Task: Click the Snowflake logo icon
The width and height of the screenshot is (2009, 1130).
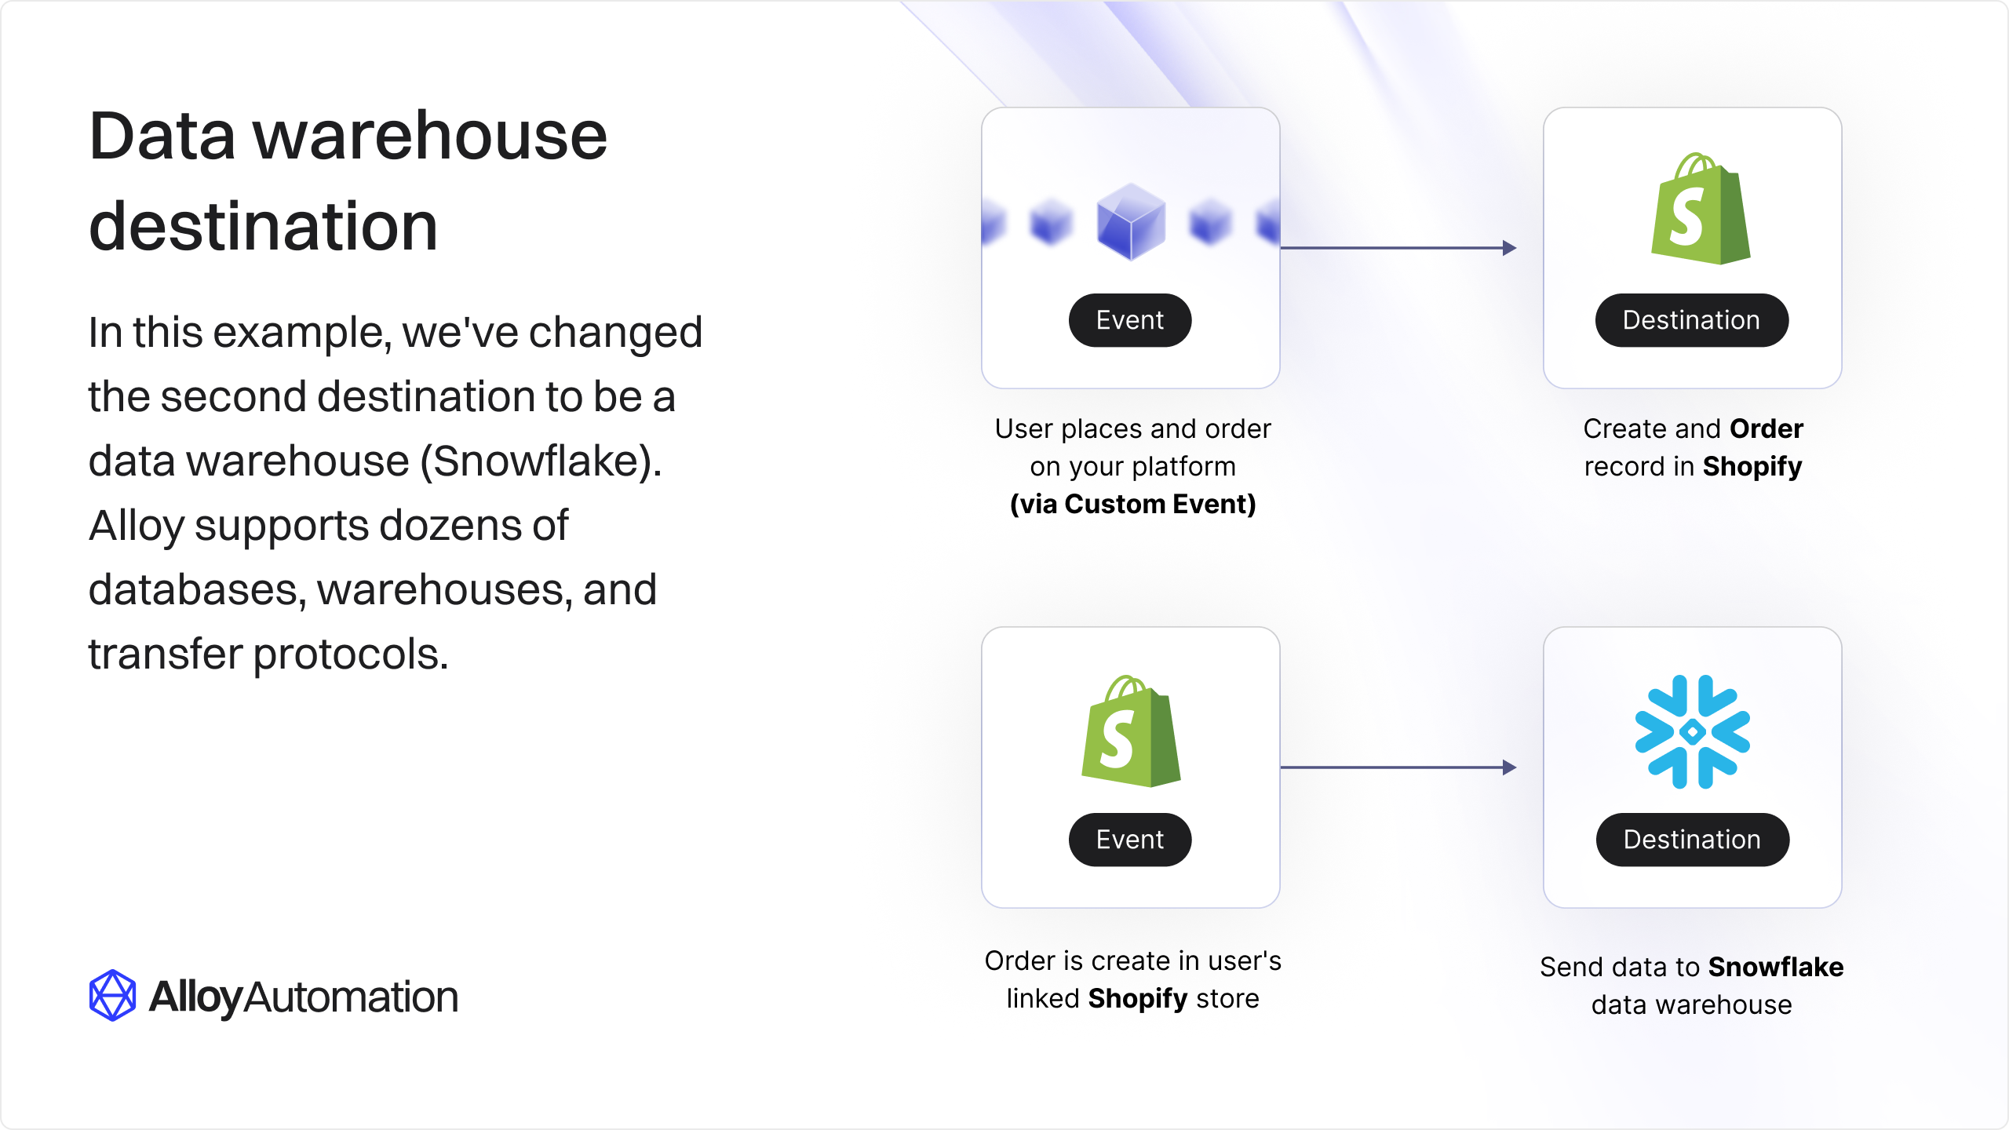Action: [x=1692, y=731]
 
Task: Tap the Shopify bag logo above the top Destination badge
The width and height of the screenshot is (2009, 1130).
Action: [x=1701, y=209]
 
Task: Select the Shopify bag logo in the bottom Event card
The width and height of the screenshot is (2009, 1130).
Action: [x=1131, y=731]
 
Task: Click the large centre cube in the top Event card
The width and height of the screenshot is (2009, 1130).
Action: [x=1131, y=221]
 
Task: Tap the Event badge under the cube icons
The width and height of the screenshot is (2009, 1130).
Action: [x=1130, y=320]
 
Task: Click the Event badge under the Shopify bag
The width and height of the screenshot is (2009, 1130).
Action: [x=1130, y=840]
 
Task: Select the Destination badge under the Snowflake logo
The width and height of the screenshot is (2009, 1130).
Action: [x=1693, y=840]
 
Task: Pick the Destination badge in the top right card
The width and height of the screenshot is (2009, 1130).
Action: [x=1692, y=320]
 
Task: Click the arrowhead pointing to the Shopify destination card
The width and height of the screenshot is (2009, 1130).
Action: [x=1510, y=248]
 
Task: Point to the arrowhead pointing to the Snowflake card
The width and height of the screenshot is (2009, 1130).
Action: [x=1510, y=767]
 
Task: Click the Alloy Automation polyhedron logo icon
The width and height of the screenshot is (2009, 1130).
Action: [x=112, y=996]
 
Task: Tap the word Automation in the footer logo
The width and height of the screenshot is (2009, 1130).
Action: [x=352, y=997]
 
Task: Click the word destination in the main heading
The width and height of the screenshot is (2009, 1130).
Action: [x=264, y=226]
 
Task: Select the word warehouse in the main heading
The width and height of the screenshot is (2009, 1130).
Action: [x=430, y=137]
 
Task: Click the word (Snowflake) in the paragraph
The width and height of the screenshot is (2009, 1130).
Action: [x=541, y=461]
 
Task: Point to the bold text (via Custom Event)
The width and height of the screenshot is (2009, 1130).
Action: [x=1133, y=505]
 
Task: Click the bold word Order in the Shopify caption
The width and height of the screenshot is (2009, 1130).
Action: [x=1767, y=429]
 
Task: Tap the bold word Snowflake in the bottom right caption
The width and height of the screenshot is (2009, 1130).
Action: [x=1776, y=968]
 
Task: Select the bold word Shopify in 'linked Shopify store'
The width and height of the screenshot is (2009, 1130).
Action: [x=1138, y=1000]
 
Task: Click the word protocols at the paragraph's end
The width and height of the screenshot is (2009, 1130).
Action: [x=351, y=655]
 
